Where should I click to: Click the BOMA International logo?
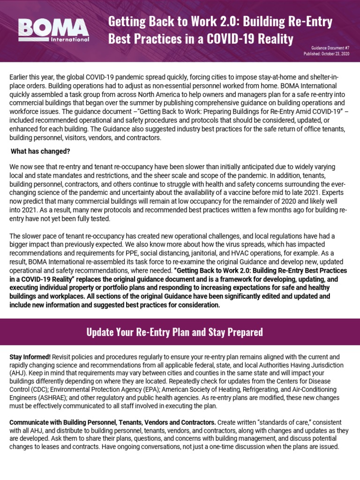53,30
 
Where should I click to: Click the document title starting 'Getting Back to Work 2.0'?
220,30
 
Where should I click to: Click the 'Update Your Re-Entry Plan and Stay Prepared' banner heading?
175,332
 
